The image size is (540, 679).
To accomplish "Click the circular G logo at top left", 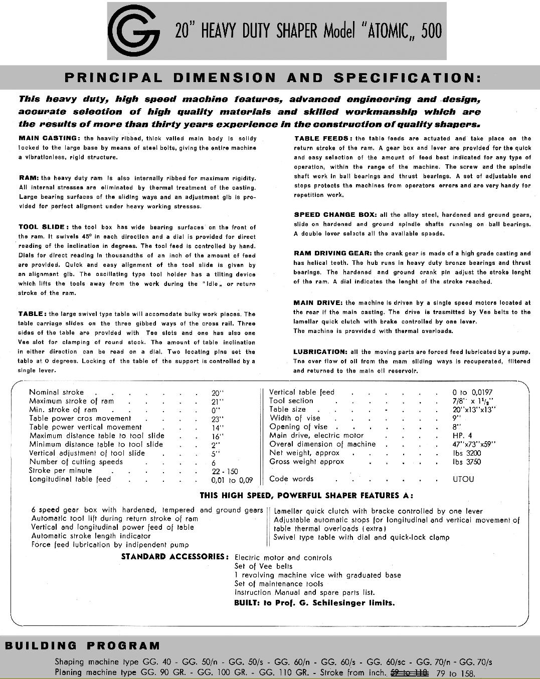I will [135, 32].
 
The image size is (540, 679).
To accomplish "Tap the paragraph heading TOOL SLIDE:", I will [43, 227].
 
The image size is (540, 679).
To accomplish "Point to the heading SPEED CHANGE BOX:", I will [333, 215].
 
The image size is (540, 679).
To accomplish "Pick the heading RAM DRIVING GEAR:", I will [332, 253].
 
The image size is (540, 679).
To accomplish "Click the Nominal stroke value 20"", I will [218, 393].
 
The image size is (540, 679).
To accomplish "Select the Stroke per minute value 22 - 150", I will [225, 471].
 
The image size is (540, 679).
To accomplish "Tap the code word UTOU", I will [463, 479].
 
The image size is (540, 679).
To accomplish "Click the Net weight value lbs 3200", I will [466, 453].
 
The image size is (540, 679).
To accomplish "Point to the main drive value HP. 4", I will [462, 436].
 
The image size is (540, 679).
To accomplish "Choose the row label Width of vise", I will [295, 418].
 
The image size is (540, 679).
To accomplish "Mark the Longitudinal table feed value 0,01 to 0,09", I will [232, 480].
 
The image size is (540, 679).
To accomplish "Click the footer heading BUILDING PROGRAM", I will [83, 645].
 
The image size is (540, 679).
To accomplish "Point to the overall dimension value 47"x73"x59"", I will [474, 444].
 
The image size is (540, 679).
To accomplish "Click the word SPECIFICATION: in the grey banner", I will [407, 78].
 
